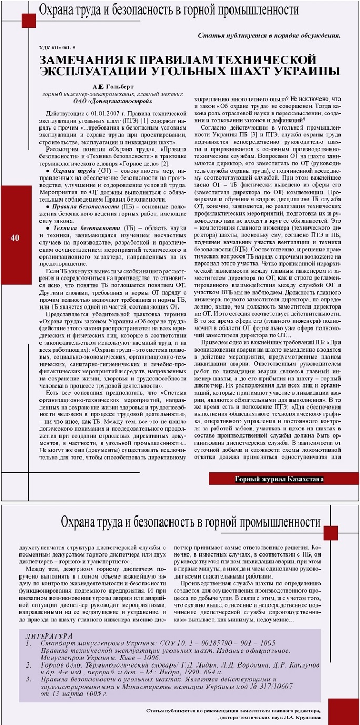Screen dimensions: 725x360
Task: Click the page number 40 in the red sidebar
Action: coord(15,238)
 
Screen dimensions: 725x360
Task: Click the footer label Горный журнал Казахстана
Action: coord(279,479)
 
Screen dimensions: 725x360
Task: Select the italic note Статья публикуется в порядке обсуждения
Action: coord(269,36)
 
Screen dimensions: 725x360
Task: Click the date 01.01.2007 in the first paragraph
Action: coord(101,114)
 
